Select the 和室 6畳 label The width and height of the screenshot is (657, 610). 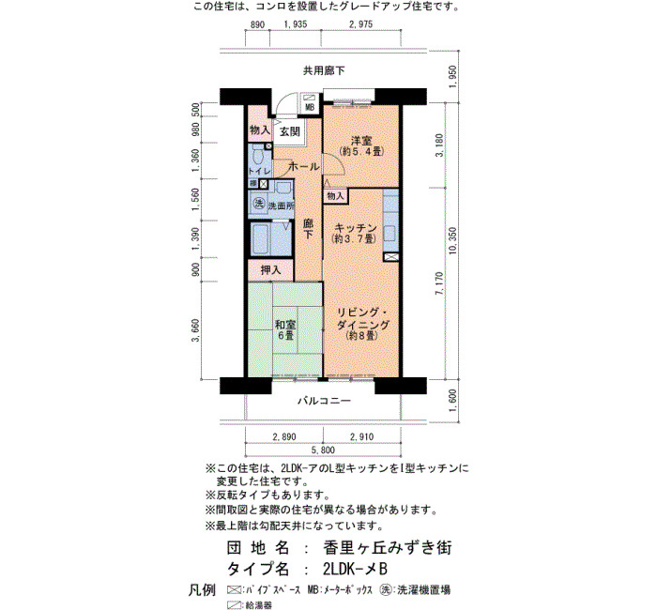pos(285,329)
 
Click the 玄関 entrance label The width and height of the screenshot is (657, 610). pos(289,131)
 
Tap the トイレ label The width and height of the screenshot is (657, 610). pos(259,171)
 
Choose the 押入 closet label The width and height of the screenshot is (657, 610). pos(270,270)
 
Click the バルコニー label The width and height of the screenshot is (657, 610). pos(324,401)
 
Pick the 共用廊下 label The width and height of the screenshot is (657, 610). pos(324,70)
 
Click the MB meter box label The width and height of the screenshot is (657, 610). pos(310,107)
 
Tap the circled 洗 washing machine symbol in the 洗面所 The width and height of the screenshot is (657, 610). pos(258,204)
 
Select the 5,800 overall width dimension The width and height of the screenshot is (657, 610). pos(323,450)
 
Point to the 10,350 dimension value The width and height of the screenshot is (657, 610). pos(452,241)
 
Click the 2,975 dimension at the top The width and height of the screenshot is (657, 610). pos(360,24)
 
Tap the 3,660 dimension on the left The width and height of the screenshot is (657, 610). pos(195,330)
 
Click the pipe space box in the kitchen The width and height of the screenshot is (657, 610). pos(391,257)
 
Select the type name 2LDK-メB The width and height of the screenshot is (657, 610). pos(356,569)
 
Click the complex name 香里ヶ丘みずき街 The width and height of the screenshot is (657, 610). pos(388,547)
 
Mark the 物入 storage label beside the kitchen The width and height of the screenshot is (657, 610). pos(335,195)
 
